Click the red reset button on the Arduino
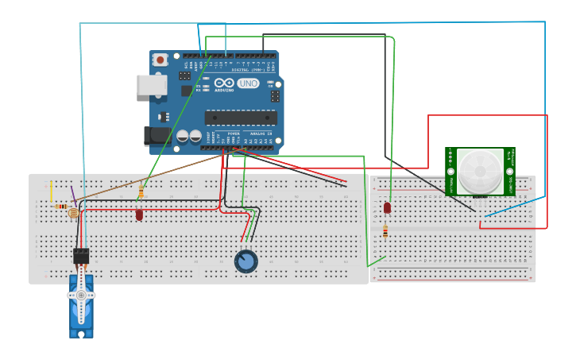160,60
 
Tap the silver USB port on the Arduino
151,85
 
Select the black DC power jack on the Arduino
157,136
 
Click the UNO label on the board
249,83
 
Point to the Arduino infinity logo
223,83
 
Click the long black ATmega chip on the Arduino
240,118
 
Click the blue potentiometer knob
246,261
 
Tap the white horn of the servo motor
81,296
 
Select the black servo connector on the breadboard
81,256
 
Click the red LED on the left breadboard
139,214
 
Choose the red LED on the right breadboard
387,207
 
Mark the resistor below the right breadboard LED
385,231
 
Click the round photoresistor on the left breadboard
74,213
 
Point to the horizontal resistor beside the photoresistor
62,207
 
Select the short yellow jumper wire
52,192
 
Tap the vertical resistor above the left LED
141,192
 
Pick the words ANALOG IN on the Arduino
260,134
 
